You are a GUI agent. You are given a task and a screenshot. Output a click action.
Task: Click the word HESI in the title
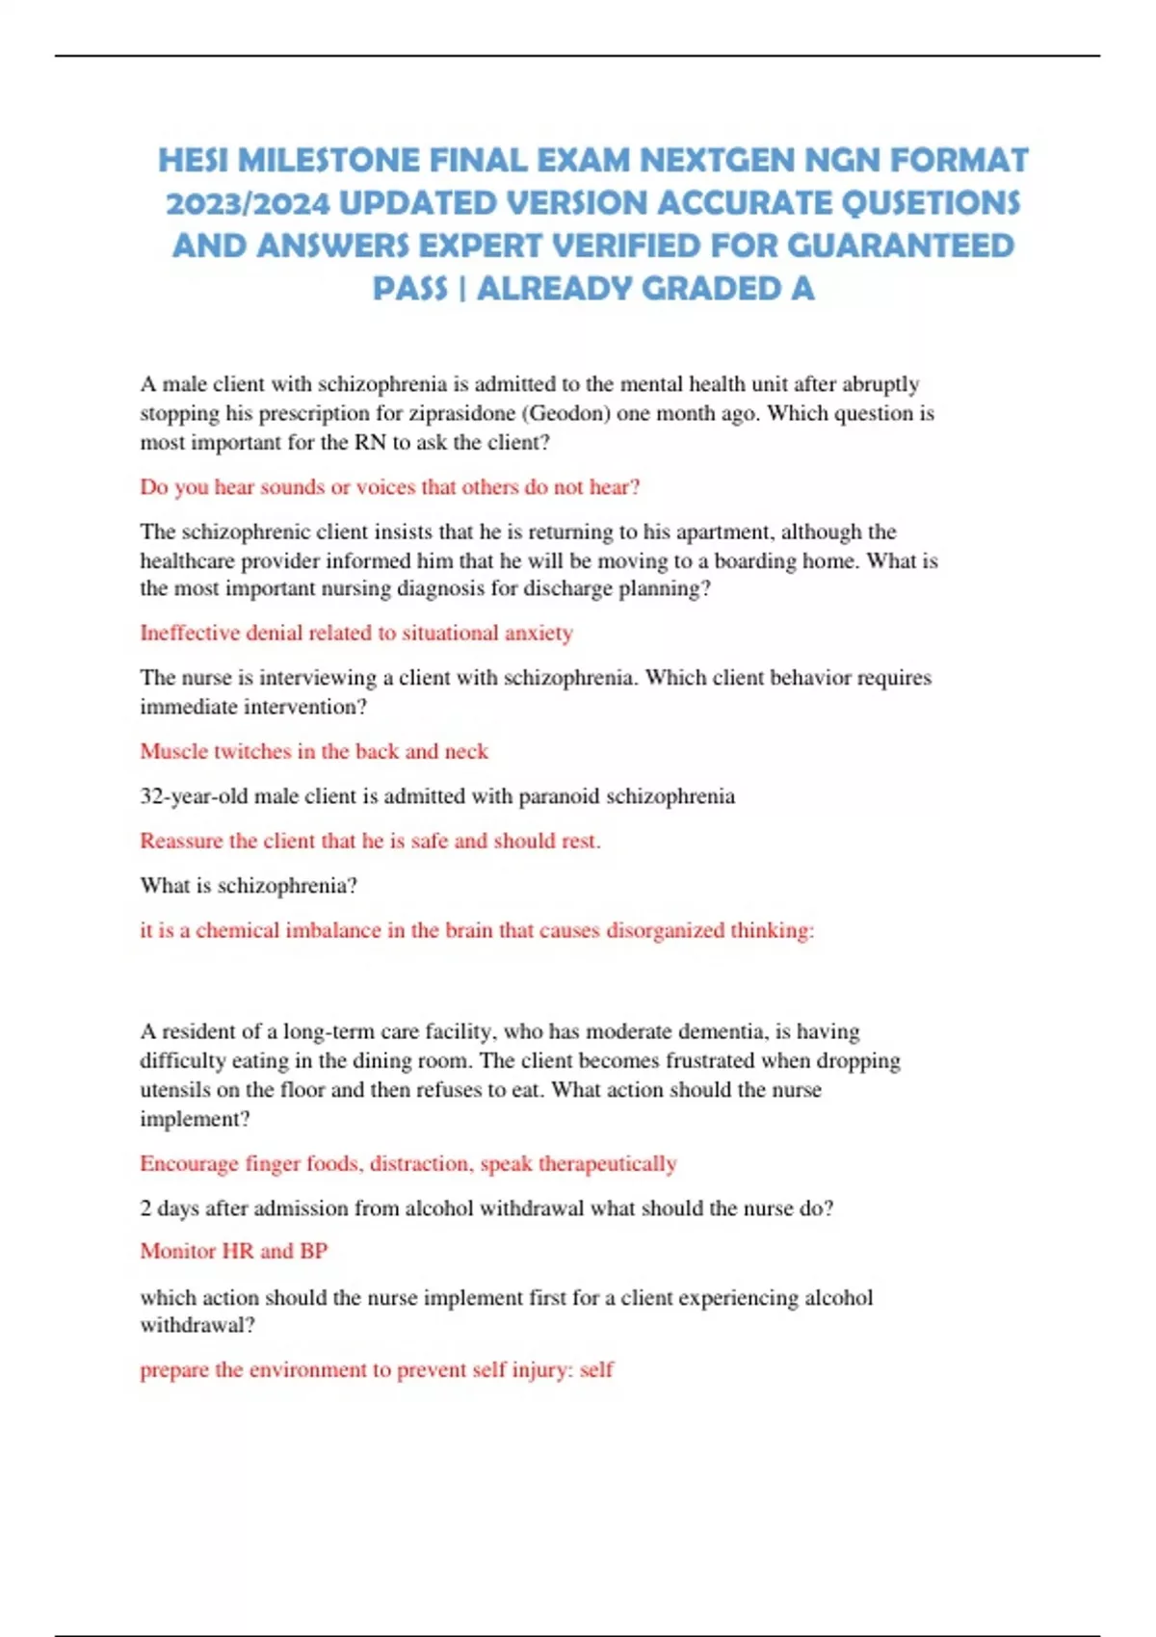coord(194,160)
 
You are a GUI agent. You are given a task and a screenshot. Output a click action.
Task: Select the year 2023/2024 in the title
coord(248,203)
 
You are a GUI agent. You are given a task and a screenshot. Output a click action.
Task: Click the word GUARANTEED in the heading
coord(901,246)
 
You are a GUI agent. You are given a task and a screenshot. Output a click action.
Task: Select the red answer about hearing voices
coord(389,487)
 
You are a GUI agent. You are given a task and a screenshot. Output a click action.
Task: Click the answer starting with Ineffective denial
coord(355,633)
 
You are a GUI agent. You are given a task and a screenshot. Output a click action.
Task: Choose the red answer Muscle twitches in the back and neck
coord(313,751)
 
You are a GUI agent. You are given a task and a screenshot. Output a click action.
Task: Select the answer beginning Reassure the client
coord(369,841)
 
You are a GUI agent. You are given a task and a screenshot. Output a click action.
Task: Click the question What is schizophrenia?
coord(248,885)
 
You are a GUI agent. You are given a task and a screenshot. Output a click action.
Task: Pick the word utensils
coord(174,1090)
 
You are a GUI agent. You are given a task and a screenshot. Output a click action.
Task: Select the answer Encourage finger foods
coord(407,1163)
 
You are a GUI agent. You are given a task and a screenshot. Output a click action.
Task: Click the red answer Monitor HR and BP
coord(233,1251)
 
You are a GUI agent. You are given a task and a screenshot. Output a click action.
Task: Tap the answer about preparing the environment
coord(376,1369)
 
